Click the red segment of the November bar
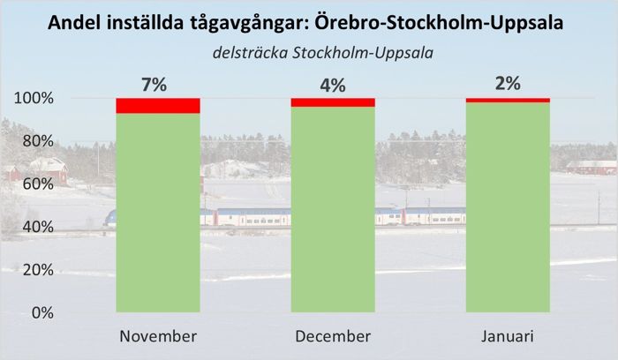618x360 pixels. point(158,106)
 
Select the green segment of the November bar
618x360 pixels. point(158,212)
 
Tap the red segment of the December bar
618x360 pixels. point(333,102)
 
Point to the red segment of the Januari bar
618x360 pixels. point(508,100)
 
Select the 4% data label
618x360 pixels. point(333,85)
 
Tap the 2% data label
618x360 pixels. point(508,85)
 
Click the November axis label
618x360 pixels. point(158,337)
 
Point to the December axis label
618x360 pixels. point(333,337)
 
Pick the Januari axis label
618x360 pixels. point(508,337)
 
